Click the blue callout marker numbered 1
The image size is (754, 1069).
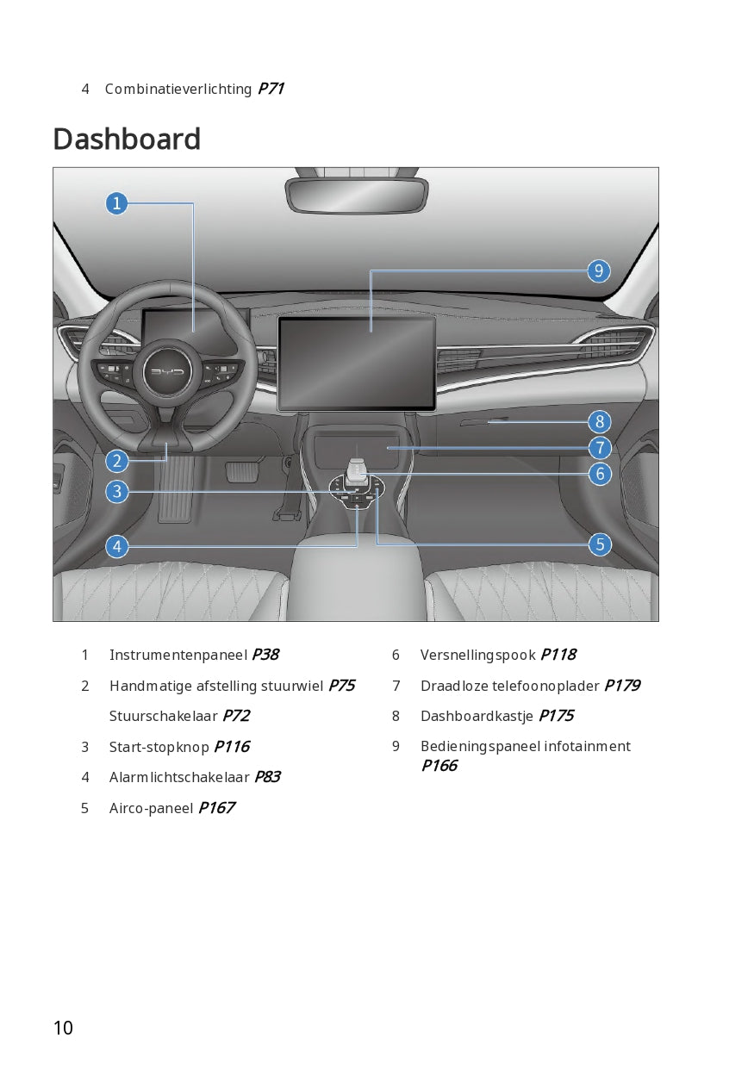tap(116, 203)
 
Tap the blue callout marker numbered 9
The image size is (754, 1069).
tap(599, 271)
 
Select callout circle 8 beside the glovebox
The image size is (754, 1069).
tap(599, 422)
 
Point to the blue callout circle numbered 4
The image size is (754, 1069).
tap(116, 546)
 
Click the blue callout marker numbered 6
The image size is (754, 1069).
tap(599, 473)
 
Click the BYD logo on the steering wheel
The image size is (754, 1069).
tap(168, 372)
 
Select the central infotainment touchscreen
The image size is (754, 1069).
tap(356, 363)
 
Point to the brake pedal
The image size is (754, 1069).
tap(240, 471)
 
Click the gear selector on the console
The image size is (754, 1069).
tap(357, 471)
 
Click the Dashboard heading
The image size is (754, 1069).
tap(127, 140)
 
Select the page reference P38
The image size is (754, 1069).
tap(265, 655)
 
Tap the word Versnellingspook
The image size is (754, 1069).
tap(477, 655)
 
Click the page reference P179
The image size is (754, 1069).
tap(621, 686)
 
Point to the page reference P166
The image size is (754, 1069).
tap(439, 766)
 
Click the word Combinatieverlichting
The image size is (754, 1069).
tap(178, 89)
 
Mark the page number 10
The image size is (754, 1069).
tap(63, 1028)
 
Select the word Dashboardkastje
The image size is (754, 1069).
tap(477, 716)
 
